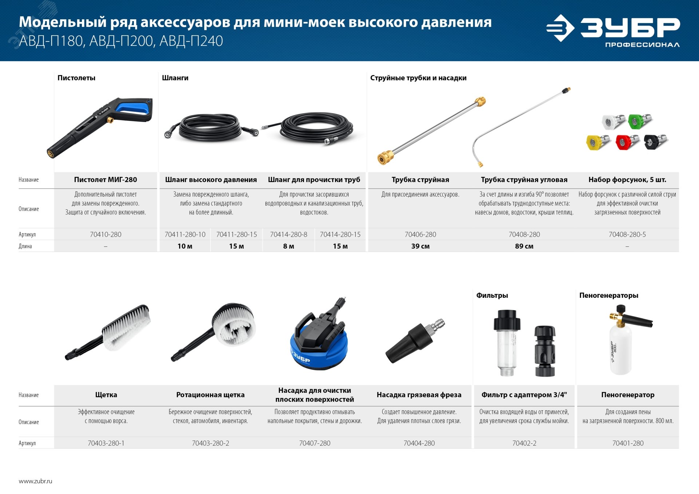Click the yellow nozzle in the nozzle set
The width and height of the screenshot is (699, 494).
pyautogui.click(x=595, y=142)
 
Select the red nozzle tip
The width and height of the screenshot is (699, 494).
pyautogui.click(x=624, y=142)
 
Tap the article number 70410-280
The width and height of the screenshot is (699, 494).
pyautogui.click(x=106, y=234)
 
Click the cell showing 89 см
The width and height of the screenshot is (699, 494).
pyautogui.click(x=524, y=246)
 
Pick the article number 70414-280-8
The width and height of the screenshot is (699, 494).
pyautogui.click(x=288, y=234)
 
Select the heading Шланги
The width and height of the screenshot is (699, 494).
pyautogui.click(x=175, y=78)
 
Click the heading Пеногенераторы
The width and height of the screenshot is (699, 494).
pyautogui.click(x=608, y=295)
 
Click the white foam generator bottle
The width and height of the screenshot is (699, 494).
pyautogui.click(x=621, y=349)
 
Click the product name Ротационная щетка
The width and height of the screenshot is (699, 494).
pyautogui.click(x=210, y=395)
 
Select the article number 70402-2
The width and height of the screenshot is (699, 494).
pyautogui.click(x=524, y=443)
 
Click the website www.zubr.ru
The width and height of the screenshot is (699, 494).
pyautogui.click(x=35, y=481)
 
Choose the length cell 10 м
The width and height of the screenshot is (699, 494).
pyautogui.click(x=185, y=246)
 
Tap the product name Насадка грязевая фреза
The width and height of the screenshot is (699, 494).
pyautogui.click(x=419, y=395)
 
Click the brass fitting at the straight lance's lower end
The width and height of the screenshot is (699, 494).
pyautogui.click(x=385, y=158)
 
